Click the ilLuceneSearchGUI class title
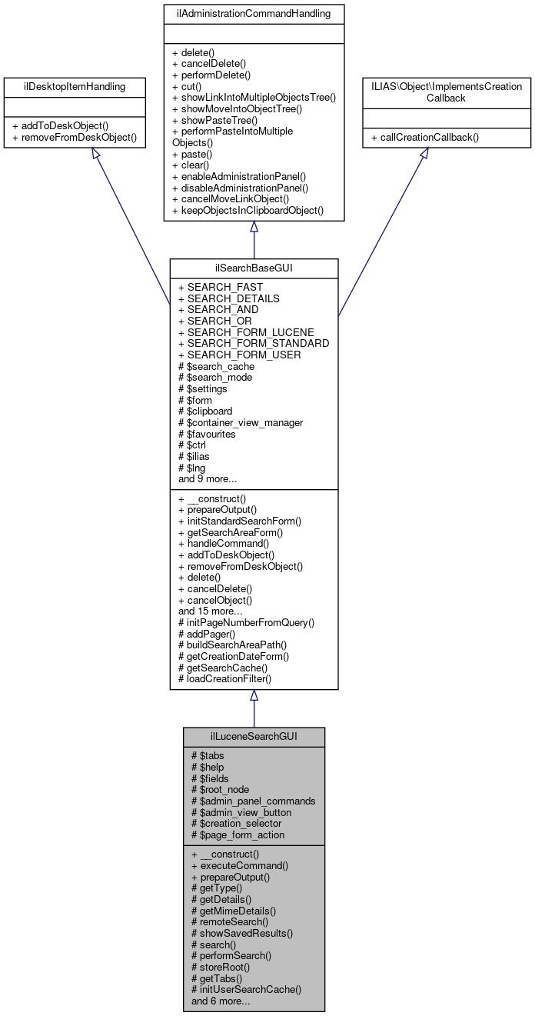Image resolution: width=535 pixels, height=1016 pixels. coord(254,736)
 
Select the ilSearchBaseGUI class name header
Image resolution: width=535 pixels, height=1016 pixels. coord(254,267)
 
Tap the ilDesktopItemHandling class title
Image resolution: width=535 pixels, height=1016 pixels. coord(75,87)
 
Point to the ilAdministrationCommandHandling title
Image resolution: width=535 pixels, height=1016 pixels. coord(254,13)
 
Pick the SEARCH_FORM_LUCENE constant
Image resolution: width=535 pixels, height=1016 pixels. coord(246,332)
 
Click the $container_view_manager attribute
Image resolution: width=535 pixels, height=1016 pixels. coord(241,422)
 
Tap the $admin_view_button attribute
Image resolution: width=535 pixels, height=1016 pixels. coord(241,812)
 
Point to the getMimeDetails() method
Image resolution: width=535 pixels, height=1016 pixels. coord(234,910)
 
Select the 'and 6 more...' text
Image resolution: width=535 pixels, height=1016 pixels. coord(224,1001)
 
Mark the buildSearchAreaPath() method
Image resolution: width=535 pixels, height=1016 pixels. coord(232,645)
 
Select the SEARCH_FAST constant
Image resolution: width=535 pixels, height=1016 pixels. coord(221,287)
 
